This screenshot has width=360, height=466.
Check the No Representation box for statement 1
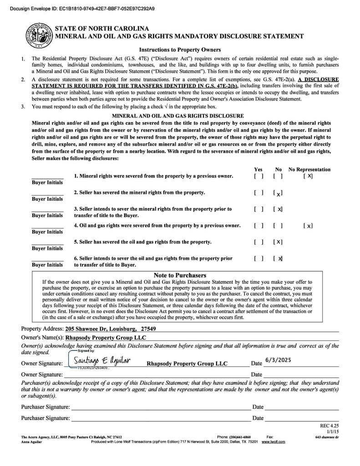click(x=308, y=176)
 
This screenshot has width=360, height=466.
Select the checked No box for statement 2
click(x=278, y=193)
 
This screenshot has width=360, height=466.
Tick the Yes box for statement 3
click(x=259, y=209)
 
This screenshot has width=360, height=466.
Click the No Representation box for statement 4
click(x=308, y=226)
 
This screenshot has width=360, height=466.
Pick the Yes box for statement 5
click(x=259, y=242)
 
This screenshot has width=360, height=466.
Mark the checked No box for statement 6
click(x=278, y=258)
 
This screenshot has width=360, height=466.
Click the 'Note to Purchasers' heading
click(x=180, y=275)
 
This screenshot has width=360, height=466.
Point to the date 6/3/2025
click(x=278, y=360)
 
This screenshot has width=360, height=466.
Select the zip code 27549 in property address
click(x=148, y=329)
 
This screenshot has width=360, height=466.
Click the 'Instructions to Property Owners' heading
click(x=180, y=50)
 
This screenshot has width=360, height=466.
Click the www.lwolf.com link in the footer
click(x=273, y=441)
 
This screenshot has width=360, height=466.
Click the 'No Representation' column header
click(x=309, y=169)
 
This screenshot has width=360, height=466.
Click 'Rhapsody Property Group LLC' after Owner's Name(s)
click(x=106, y=338)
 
